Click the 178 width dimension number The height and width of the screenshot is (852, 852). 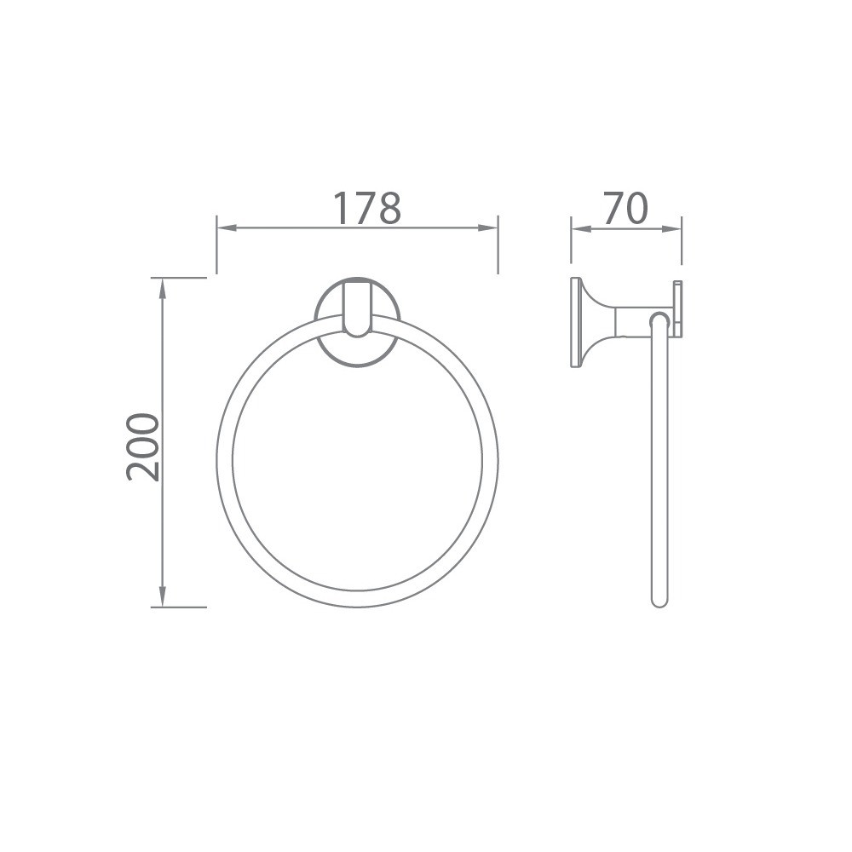(x=366, y=209)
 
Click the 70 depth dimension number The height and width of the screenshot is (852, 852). (x=625, y=209)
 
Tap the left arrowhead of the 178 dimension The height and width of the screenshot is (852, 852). (x=223, y=228)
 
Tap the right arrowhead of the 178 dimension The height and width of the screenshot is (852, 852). (x=491, y=228)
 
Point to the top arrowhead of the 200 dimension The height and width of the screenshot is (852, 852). (x=163, y=285)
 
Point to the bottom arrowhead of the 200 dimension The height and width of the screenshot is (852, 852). (x=163, y=600)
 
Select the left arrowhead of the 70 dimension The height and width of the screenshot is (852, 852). (x=578, y=228)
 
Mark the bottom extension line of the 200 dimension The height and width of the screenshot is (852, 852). (x=179, y=607)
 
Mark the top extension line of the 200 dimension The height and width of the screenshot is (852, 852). (x=179, y=278)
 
